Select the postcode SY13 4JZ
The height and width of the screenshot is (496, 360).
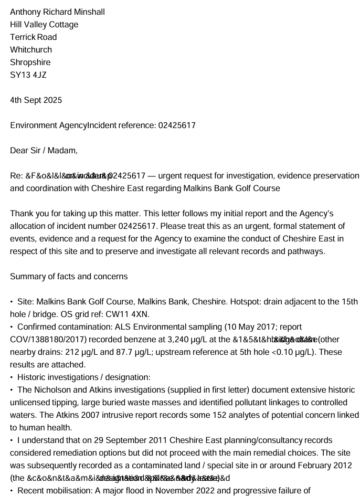(28, 75)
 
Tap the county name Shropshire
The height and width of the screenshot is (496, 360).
(30, 62)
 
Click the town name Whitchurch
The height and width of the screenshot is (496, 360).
(31, 49)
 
